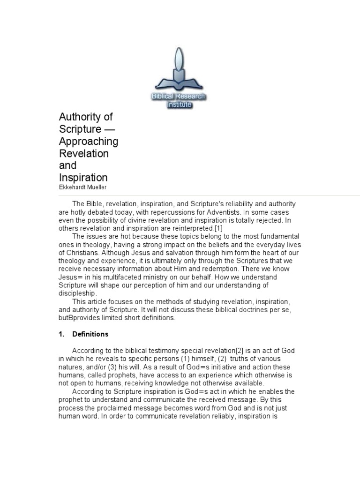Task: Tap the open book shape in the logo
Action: (179, 84)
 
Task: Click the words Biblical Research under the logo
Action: (179, 97)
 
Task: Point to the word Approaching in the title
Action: (89, 141)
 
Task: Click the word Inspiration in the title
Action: (83, 178)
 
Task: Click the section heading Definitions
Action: (90, 334)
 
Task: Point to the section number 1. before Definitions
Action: (61, 334)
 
